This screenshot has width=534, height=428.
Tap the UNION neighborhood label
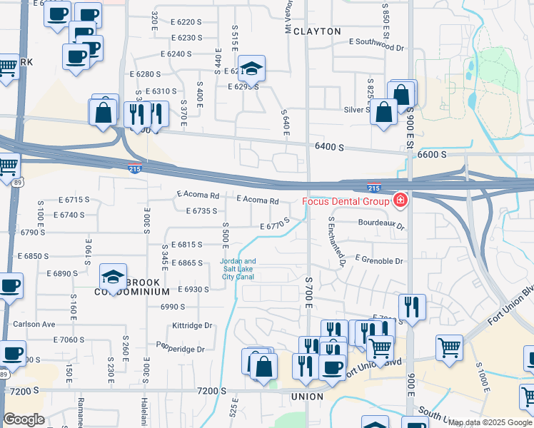[x=307, y=397]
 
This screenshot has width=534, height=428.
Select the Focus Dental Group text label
[x=346, y=201]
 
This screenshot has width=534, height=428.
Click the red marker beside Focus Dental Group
[x=400, y=200]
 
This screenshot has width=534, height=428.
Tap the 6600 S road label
[x=432, y=154]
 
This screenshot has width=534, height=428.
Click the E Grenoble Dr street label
[x=378, y=261]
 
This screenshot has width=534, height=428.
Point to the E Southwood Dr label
[x=376, y=43]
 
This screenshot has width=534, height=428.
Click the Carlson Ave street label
[x=34, y=324]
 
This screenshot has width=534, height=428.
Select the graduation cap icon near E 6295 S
[x=251, y=68]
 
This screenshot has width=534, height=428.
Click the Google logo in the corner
[x=24, y=419]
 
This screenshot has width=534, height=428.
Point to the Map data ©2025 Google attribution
[x=489, y=422]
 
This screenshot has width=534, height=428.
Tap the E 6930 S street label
[x=186, y=290]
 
